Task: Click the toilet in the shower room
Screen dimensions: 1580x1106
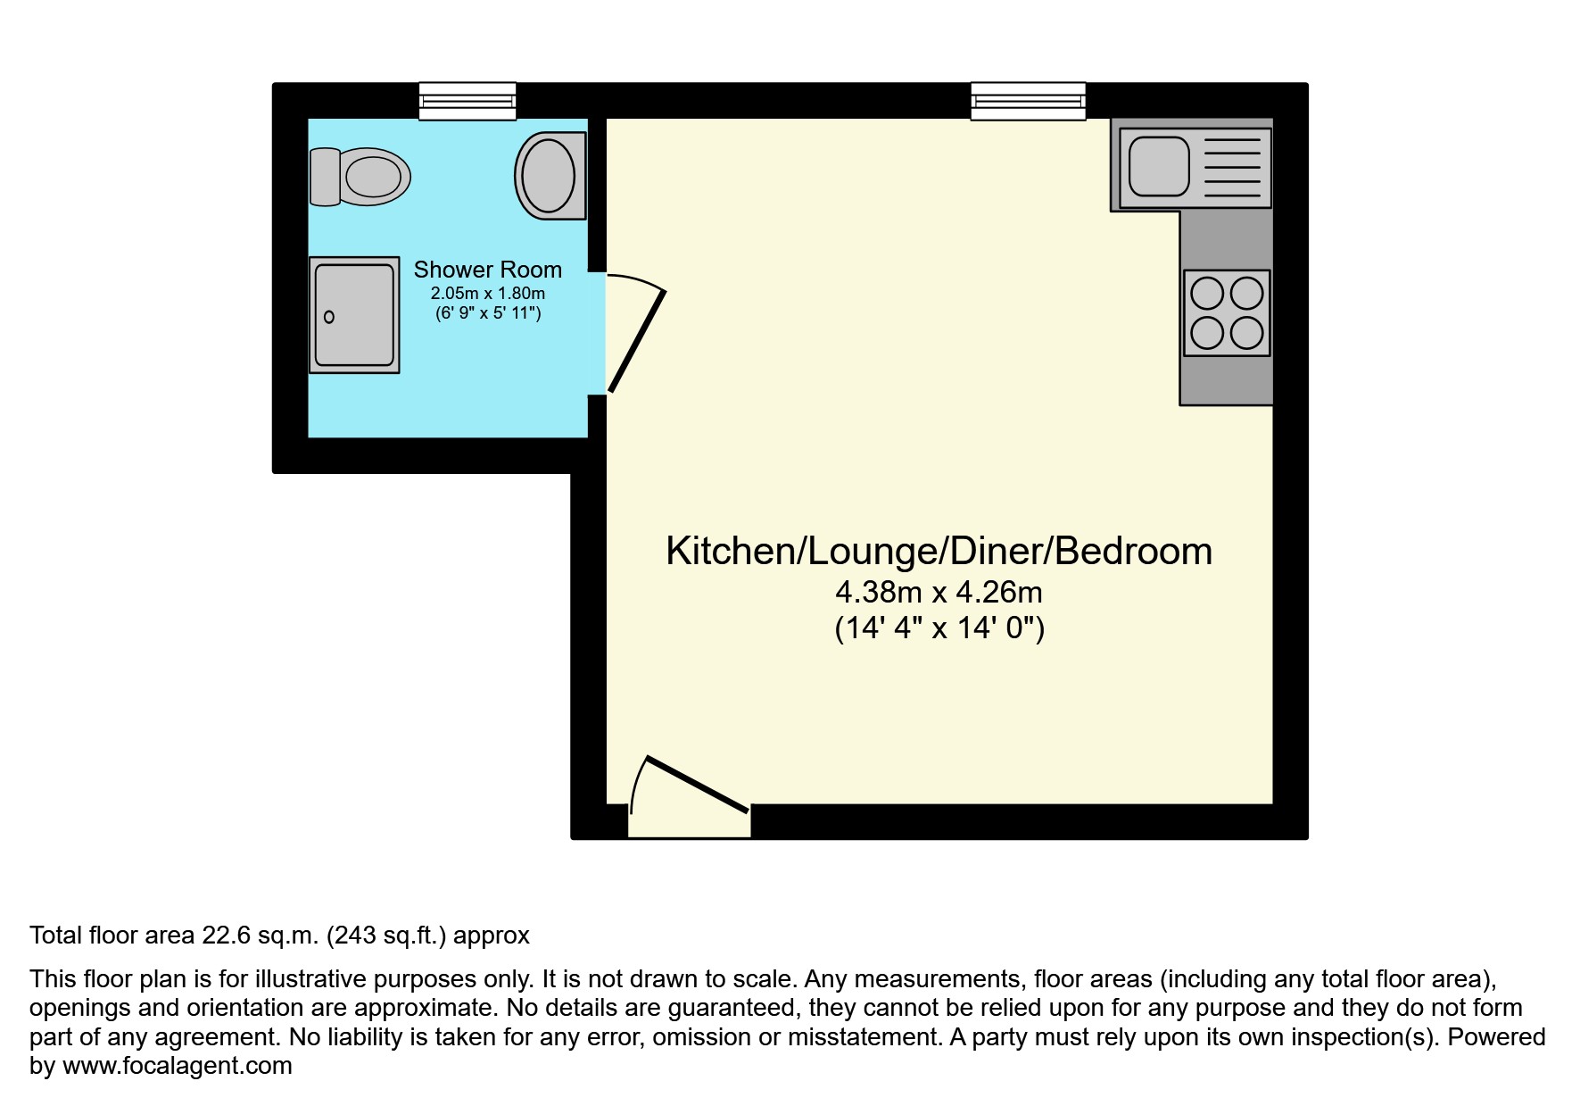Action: tap(360, 177)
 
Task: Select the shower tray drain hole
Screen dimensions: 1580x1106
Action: tap(329, 317)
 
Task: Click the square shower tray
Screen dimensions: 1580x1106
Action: tap(354, 315)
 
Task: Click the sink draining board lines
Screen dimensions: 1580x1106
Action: tap(1233, 167)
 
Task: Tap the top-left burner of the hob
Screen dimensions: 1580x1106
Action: tap(1207, 293)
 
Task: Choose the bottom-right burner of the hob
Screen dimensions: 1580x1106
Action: tap(1247, 333)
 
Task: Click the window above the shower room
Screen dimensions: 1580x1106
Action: tap(467, 101)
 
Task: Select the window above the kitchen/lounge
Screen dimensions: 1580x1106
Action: tap(1029, 101)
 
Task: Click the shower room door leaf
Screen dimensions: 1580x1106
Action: tap(637, 341)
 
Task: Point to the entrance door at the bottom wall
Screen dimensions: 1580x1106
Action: tap(697, 785)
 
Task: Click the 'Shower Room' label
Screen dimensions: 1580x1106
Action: tap(488, 270)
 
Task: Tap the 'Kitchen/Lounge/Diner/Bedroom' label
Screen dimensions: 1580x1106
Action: tap(939, 551)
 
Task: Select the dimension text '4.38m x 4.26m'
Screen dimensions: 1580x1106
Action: tap(939, 592)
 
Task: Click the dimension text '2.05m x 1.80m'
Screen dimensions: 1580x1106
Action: tap(488, 294)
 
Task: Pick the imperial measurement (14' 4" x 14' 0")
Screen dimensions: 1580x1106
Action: tap(939, 628)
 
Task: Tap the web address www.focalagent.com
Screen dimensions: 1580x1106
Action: tap(178, 1066)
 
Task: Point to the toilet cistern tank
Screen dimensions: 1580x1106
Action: tap(325, 177)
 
